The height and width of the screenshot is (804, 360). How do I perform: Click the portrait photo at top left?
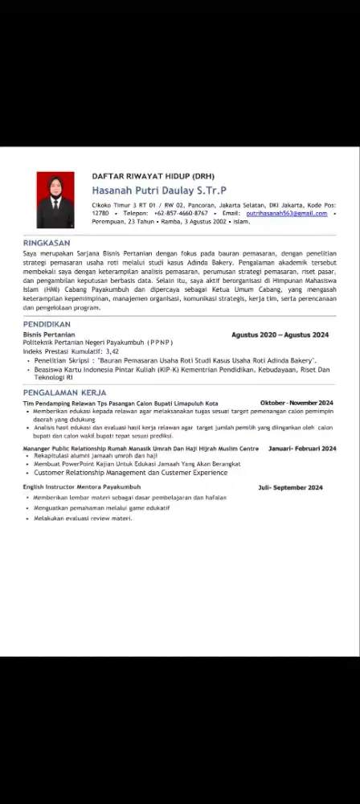tap(55, 200)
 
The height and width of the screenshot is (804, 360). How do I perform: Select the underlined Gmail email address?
tap(287, 213)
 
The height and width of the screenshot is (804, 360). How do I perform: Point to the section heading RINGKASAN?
tap(47, 242)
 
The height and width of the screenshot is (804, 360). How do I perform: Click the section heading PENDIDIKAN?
tap(47, 324)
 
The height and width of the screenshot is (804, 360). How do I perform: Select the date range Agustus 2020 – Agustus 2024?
tap(280, 334)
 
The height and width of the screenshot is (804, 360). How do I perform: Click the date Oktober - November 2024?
tap(297, 403)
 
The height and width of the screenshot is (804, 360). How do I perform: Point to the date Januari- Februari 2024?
tap(302, 449)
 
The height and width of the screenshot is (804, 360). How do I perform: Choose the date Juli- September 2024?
tap(290, 487)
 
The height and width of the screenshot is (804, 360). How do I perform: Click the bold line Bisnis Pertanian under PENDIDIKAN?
tap(48, 334)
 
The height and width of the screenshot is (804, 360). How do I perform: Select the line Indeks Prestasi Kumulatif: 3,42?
tap(71, 351)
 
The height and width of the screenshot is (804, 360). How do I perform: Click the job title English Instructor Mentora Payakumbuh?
tap(81, 487)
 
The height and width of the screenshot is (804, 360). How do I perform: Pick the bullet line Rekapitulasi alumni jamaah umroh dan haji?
tap(96, 456)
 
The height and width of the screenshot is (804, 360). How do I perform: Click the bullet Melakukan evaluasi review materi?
tap(83, 519)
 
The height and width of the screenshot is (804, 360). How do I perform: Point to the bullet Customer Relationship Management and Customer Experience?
tap(130, 473)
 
